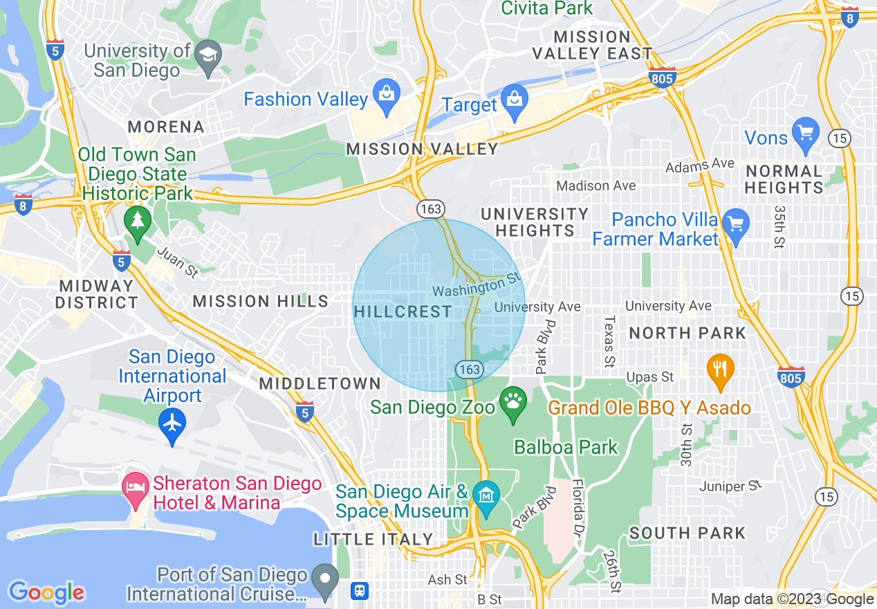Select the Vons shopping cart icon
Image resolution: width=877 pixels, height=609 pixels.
(x=806, y=131)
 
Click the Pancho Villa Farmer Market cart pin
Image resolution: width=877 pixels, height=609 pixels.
(x=736, y=224)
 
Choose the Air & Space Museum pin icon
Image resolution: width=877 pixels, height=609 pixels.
(x=488, y=496)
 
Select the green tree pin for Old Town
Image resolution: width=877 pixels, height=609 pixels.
(x=138, y=221)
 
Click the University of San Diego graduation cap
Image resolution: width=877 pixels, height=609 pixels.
(x=207, y=55)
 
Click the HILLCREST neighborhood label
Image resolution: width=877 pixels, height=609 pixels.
(x=403, y=312)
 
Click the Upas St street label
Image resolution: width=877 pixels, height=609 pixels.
(x=649, y=377)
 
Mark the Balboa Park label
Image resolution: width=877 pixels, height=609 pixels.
(x=566, y=448)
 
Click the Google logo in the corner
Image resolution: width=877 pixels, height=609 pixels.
(x=46, y=592)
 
